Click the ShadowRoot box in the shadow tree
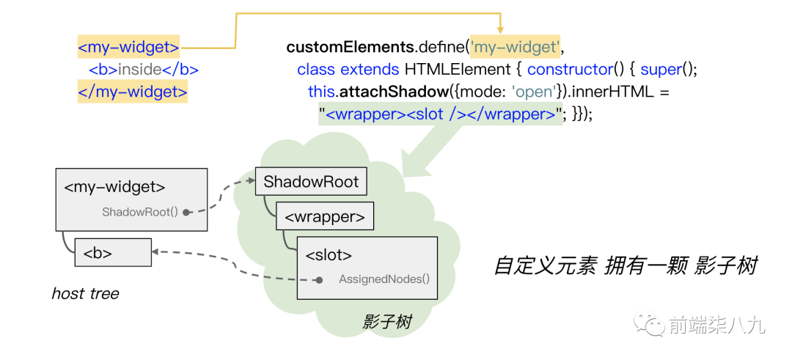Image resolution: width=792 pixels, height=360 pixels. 311,182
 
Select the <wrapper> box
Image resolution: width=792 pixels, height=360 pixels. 325,217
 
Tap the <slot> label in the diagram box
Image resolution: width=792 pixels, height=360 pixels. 329,255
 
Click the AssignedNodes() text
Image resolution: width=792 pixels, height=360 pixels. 384,279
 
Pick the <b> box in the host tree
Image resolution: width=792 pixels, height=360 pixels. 113,253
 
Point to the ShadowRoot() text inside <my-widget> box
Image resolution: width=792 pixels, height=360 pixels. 140,212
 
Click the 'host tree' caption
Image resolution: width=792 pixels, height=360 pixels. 85,293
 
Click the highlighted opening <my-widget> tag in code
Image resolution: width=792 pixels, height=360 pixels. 128,48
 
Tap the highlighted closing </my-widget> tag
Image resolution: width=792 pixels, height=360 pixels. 132,92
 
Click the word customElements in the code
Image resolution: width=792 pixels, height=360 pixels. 350,48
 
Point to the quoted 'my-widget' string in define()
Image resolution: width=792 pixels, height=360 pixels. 515,48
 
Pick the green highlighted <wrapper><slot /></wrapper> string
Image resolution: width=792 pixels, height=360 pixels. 440,114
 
